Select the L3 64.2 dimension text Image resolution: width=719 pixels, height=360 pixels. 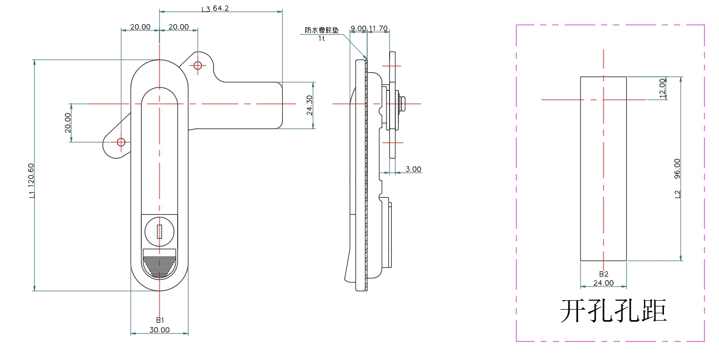(x=216, y=8)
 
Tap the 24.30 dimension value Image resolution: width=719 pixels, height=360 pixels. (x=309, y=105)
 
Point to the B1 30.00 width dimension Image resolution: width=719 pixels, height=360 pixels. (x=159, y=330)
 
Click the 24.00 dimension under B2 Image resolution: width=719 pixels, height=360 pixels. (x=603, y=283)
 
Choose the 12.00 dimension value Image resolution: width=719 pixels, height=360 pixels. (x=662, y=87)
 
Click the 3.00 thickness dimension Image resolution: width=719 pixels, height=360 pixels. (x=413, y=169)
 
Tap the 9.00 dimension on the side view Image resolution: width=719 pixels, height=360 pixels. (x=358, y=28)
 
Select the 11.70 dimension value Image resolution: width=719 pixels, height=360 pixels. (x=378, y=28)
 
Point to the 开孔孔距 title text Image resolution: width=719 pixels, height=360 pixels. (x=614, y=311)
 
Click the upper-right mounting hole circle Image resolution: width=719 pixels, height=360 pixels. (x=198, y=66)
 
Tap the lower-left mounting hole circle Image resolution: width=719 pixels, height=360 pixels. (x=121, y=142)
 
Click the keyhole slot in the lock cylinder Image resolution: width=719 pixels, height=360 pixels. (x=159, y=230)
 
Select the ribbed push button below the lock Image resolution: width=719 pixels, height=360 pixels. (x=159, y=264)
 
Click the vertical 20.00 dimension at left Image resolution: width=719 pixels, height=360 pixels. (x=68, y=123)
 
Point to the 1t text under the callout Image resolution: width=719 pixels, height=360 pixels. (x=321, y=38)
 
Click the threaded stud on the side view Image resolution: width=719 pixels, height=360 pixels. (x=403, y=104)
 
